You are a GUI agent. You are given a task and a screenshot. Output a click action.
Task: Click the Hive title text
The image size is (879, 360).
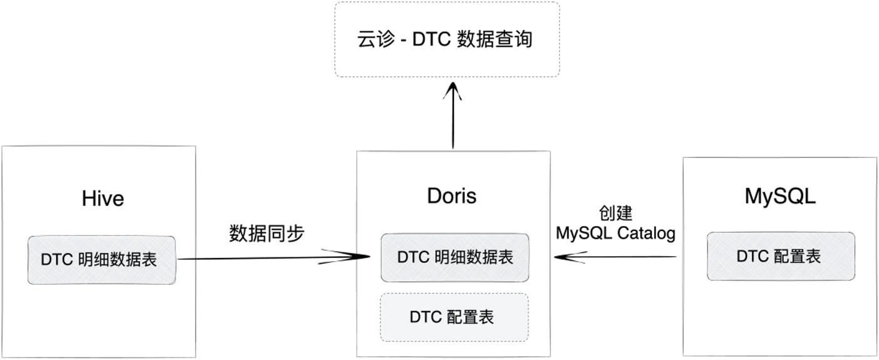[103, 198]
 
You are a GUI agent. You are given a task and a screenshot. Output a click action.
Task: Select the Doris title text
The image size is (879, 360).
[451, 196]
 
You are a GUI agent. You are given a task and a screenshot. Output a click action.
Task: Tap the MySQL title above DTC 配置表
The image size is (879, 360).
[780, 196]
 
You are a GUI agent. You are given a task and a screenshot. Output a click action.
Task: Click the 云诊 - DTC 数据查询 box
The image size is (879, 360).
[447, 39]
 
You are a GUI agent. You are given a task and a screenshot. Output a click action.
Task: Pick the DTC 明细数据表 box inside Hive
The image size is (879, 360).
[101, 260]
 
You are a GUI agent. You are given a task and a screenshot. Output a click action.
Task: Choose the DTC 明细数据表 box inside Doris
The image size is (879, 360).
[455, 257]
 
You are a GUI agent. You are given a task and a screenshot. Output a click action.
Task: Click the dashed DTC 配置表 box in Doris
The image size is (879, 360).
[454, 317]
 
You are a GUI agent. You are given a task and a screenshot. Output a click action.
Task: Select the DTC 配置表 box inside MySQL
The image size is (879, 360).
[781, 256]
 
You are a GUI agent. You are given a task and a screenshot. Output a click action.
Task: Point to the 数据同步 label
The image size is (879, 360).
[267, 233]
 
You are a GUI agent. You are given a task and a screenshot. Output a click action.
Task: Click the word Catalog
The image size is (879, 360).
[646, 234]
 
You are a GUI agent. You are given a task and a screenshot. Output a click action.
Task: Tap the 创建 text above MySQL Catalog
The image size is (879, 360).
[615, 213]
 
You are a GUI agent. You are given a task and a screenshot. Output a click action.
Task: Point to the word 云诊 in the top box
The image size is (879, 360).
[376, 39]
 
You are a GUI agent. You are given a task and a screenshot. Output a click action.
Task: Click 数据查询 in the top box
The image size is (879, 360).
[495, 39]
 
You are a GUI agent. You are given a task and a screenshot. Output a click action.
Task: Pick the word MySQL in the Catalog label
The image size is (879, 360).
[584, 234]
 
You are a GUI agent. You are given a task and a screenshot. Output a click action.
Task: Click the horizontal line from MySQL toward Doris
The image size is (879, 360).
[615, 257]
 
